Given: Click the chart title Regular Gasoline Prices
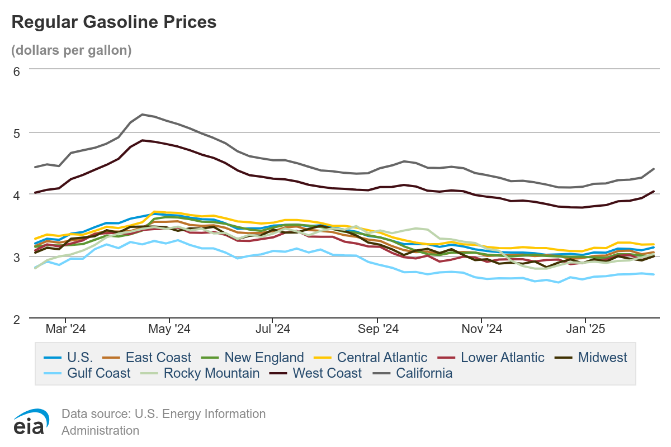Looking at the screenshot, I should [x=114, y=22].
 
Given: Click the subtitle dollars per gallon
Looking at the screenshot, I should [x=72, y=50].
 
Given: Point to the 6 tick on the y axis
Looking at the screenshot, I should [x=17, y=71].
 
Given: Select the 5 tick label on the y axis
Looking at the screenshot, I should [x=17, y=133].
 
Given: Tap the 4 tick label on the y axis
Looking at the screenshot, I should [x=17, y=195].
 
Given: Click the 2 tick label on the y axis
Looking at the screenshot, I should [x=17, y=319].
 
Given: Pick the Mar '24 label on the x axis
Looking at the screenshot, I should [x=66, y=329].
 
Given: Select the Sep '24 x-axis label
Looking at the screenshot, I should [x=378, y=329].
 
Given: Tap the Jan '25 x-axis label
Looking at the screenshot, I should [x=585, y=329].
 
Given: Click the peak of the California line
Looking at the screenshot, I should [x=142, y=115].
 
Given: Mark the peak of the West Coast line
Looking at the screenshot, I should [x=142, y=140].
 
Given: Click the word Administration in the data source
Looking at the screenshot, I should [x=100, y=430].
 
